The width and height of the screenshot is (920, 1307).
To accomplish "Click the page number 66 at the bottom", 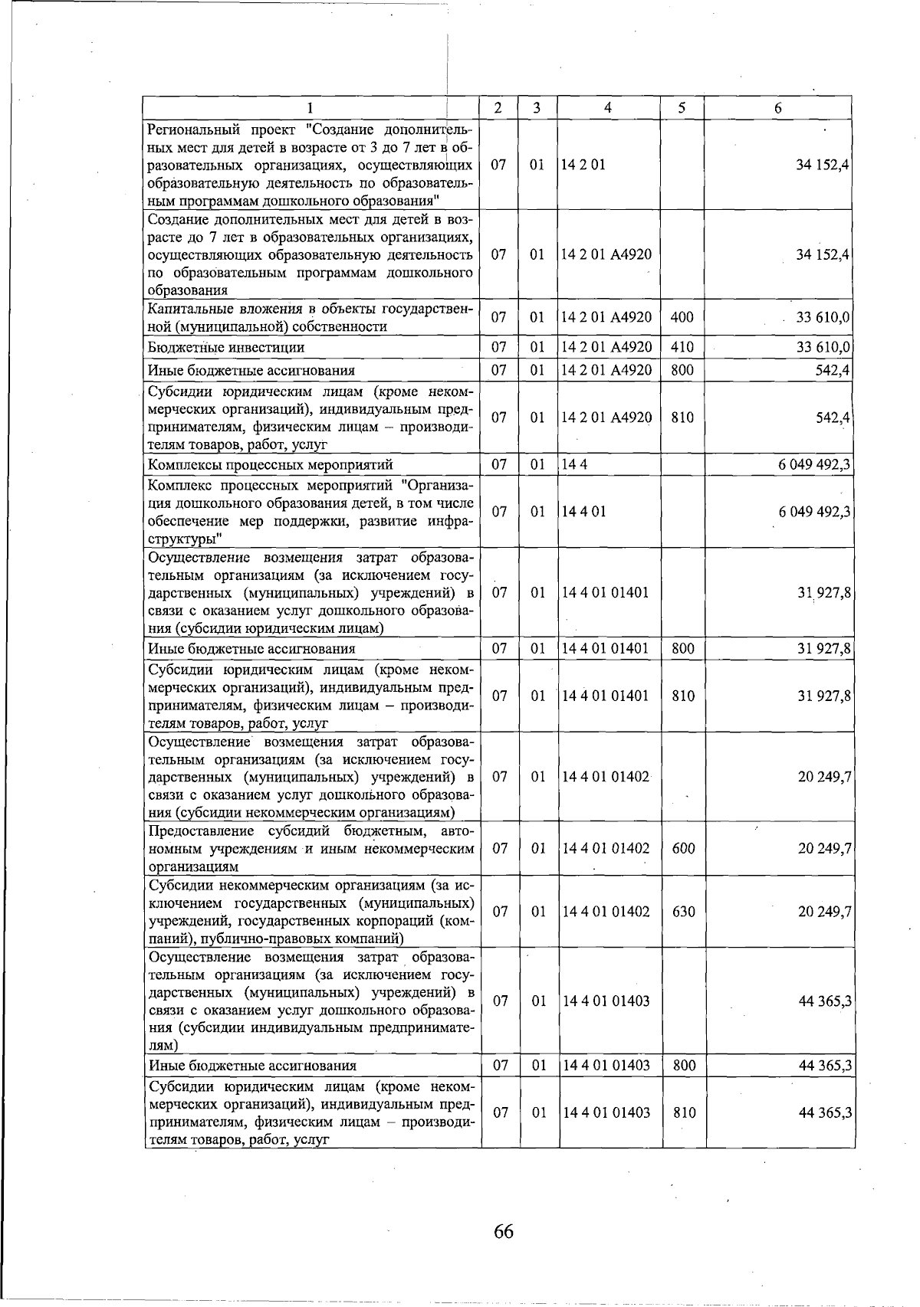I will (504, 1231).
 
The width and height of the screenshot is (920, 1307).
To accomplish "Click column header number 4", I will (608, 108).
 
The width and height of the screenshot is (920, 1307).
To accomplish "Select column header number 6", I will (777, 108).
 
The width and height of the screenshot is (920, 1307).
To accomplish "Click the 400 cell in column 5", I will (682, 317).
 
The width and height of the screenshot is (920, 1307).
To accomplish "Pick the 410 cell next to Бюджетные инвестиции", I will (682, 347).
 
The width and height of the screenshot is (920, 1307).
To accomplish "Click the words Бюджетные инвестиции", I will (226, 348).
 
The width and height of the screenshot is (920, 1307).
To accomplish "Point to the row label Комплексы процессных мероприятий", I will (271, 464).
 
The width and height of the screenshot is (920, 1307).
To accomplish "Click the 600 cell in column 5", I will (683, 848).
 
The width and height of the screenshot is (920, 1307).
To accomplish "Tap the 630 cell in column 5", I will (683, 912).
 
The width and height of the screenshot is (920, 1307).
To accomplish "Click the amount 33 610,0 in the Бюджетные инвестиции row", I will (823, 347).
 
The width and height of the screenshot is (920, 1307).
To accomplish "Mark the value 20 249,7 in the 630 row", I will (824, 912).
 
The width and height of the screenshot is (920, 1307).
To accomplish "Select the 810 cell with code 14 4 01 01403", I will (683, 1112).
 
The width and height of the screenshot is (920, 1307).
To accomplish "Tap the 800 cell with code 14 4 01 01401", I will (683, 649).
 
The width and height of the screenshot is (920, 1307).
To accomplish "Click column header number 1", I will (310, 108).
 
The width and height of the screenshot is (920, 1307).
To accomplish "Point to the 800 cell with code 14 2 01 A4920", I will (682, 370).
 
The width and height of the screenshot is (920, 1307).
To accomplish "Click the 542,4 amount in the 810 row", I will (832, 418).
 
